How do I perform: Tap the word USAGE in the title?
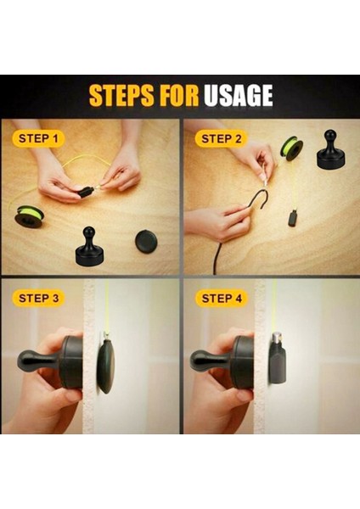(x=238, y=95)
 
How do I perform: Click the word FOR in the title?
(x=179, y=95)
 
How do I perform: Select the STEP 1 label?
(x=38, y=138)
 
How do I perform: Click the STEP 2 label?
(x=222, y=139)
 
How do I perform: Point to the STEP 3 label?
(x=39, y=298)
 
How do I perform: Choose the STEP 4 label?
(x=222, y=298)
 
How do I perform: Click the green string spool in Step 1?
(x=29, y=216)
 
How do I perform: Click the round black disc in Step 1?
(x=146, y=241)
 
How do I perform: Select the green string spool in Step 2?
(x=292, y=147)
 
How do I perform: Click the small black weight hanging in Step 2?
(x=292, y=219)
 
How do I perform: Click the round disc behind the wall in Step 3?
(x=105, y=366)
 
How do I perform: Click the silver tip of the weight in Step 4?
(x=277, y=338)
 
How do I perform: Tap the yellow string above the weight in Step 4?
(x=274, y=306)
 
